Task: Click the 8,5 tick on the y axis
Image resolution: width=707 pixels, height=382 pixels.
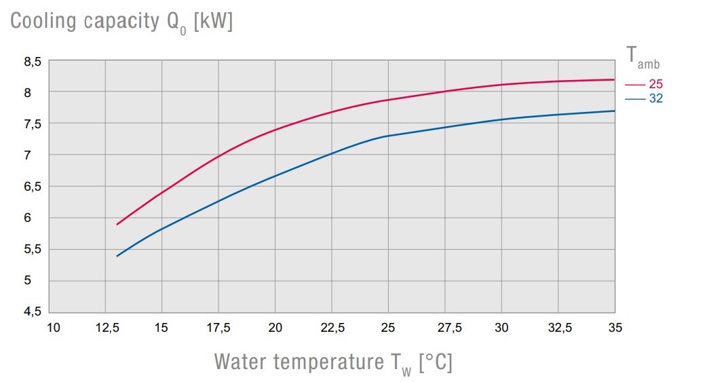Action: coord(33,62)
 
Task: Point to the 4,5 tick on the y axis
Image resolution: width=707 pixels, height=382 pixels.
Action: coord(33,311)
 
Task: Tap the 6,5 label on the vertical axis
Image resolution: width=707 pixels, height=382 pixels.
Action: coord(33,187)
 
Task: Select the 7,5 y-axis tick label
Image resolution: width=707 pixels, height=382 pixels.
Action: coord(33,124)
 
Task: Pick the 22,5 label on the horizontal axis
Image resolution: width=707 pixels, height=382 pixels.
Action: coord(332,328)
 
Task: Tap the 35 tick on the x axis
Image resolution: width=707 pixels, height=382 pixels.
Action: coord(615,328)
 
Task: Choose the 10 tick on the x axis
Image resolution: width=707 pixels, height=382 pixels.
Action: coord(53,328)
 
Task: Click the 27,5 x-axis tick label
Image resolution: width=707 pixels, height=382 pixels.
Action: coord(445,328)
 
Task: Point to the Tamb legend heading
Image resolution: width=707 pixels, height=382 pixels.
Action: coord(641,58)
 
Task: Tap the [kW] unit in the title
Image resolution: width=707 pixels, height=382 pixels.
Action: coord(213,21)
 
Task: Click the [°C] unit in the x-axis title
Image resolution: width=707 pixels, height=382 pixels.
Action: coord(436,362)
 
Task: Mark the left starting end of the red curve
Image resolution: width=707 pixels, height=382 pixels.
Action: coord(117,224)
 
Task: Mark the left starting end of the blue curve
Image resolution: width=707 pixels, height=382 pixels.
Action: coord(117,256)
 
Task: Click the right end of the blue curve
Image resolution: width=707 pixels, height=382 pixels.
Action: coord(614,111)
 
